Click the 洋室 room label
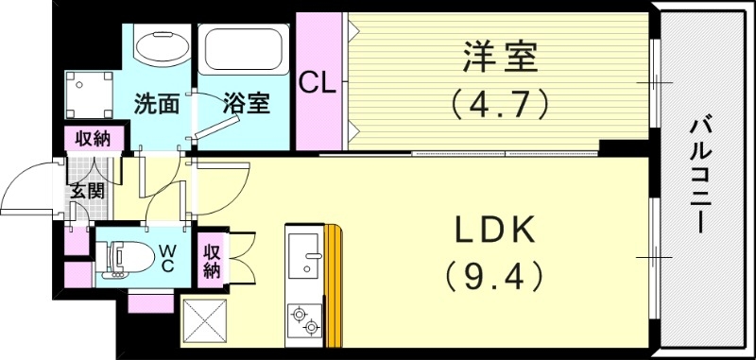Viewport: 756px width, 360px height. [501, 58]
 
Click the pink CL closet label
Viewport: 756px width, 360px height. [318, 82]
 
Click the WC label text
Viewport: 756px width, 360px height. [166, 257]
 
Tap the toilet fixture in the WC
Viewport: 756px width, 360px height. [126, 257]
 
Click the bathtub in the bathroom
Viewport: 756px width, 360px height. [243, 55]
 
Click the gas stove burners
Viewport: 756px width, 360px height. [305, 318]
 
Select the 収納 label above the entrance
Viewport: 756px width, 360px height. [94, 138]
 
